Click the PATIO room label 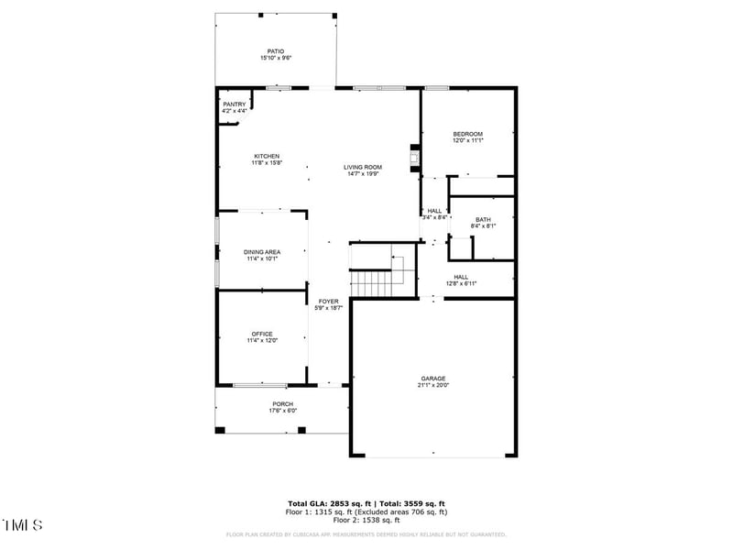(x=275, y=51)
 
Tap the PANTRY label (x=235, y=104)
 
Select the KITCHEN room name (x=267, y=156)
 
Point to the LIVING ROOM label (x=363, y=167)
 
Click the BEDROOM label (x=467, y=134)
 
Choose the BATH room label (x=483, y=219)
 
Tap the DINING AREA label (x=262, y=252)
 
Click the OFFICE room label (x=262, y=334)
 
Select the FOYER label (x=328, y=302)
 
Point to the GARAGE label (x=433, y=379)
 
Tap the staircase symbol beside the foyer (x=373, y=271)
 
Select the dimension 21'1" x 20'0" (x=433, y=386)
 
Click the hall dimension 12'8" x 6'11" (x=461, y=284)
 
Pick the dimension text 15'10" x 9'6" (x=275, y=59)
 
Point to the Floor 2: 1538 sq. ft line (x=366, y=520)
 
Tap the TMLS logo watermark (x=23, y=525)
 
